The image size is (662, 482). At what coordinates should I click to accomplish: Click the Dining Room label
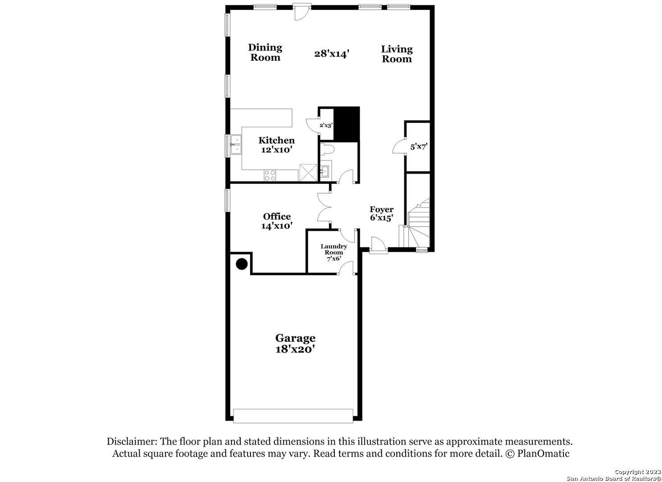click(265, 52)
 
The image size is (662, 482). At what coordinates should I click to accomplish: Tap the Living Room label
click(397, 54)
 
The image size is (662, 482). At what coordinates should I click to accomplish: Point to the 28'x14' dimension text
click(332, 54)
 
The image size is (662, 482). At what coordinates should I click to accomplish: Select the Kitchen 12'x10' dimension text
click(277, 150)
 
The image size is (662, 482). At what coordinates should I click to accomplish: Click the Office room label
click(277, 216)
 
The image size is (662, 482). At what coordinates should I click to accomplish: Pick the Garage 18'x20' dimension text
click(295, 349)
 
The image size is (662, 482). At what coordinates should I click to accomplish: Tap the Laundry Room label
click(333, 249)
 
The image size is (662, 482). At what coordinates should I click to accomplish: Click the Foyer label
click(382, 209)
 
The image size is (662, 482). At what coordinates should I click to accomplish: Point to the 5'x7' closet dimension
click(419, 146)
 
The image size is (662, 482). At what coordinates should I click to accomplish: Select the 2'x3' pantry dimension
click(326, 125)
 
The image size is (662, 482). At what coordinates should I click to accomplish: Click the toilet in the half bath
click(327, 149)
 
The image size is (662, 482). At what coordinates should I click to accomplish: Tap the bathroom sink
click(325, 171)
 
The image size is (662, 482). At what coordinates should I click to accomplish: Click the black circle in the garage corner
click(242, 264)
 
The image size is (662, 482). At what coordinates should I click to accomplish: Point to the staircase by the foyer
click(415, 223)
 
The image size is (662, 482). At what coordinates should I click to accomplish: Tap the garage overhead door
click(293, 416)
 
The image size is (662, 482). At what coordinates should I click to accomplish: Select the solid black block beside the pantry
click(346, 124)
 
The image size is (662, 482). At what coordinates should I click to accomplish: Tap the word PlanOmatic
click(543, 453)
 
